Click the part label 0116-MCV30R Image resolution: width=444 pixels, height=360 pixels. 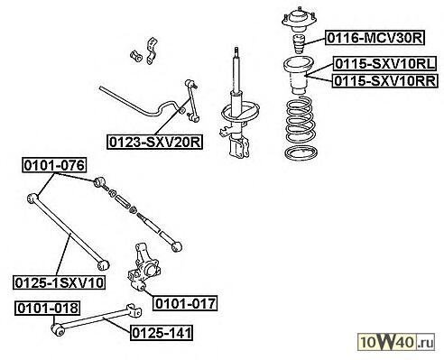point(375,38)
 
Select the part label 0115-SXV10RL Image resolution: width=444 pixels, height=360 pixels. point(385,64)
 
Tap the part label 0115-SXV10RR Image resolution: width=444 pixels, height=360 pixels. point(385,80)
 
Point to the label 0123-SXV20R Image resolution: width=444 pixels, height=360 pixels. point(155,142)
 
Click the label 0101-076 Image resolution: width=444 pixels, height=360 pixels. point(54,165)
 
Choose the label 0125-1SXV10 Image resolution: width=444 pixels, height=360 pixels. point(60,282)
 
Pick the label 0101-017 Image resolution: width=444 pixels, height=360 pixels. point(185,303)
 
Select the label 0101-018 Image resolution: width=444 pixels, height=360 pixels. point(48,309)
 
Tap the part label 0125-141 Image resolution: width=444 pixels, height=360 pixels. point(162,333)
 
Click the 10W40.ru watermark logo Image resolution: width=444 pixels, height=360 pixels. point(396,342)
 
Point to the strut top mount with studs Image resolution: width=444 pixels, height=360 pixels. point(299,20)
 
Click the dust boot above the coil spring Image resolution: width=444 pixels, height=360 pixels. point(299,75)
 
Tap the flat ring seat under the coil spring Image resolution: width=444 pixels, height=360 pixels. point(301,153)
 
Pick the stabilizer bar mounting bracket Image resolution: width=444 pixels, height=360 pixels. point(152,51)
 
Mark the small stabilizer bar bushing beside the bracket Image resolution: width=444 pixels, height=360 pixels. point(136,56)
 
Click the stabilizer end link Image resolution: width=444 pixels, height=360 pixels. point(192,101)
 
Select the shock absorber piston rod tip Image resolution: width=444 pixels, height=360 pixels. point(236,49)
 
